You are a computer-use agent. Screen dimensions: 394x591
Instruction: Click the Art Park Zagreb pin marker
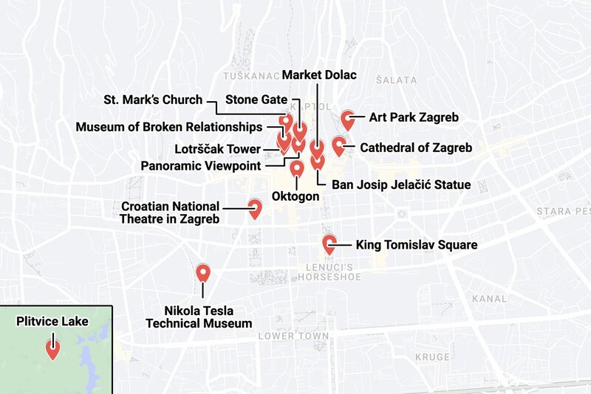point(349,118)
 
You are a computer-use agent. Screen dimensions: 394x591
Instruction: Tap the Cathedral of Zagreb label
point(415,148)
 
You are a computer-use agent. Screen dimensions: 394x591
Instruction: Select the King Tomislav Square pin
point(329,244)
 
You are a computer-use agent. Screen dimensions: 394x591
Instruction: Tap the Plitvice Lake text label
point(52,321)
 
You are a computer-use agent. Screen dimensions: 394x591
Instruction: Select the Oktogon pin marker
point(297,169)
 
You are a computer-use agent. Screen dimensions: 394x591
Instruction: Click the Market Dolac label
point(319,75)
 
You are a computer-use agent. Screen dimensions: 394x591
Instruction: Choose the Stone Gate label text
point(252,99)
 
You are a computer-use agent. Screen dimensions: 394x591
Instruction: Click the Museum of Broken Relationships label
point(168,126)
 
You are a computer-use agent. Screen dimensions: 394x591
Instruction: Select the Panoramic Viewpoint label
point(200,165)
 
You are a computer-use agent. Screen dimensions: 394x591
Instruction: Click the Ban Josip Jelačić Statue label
point(401,184)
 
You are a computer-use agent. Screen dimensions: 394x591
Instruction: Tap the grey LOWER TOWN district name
point(293,336)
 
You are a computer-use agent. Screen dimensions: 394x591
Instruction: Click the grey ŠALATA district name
point(396,80)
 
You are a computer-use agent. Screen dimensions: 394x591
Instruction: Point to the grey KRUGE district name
point(432,357)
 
